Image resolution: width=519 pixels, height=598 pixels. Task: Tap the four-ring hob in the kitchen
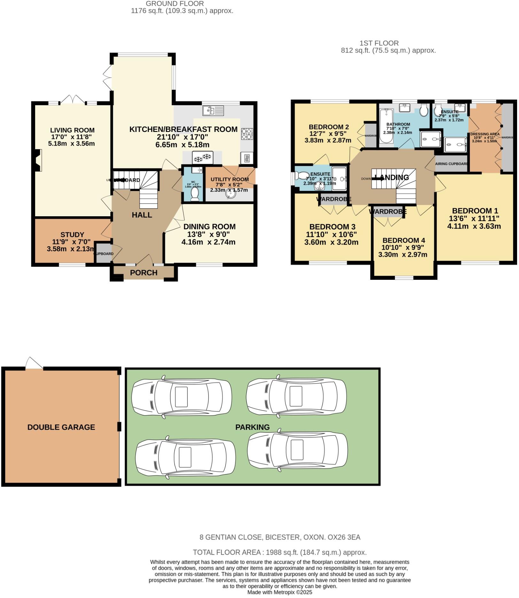click(247, 134)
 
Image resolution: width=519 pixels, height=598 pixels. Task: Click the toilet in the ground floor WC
click(195, 194)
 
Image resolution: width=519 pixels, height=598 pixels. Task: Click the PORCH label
click(144, 273)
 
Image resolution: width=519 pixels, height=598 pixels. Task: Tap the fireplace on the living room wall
click(38, 161)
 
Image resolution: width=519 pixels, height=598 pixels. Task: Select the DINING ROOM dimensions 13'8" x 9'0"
click(209, 235)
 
